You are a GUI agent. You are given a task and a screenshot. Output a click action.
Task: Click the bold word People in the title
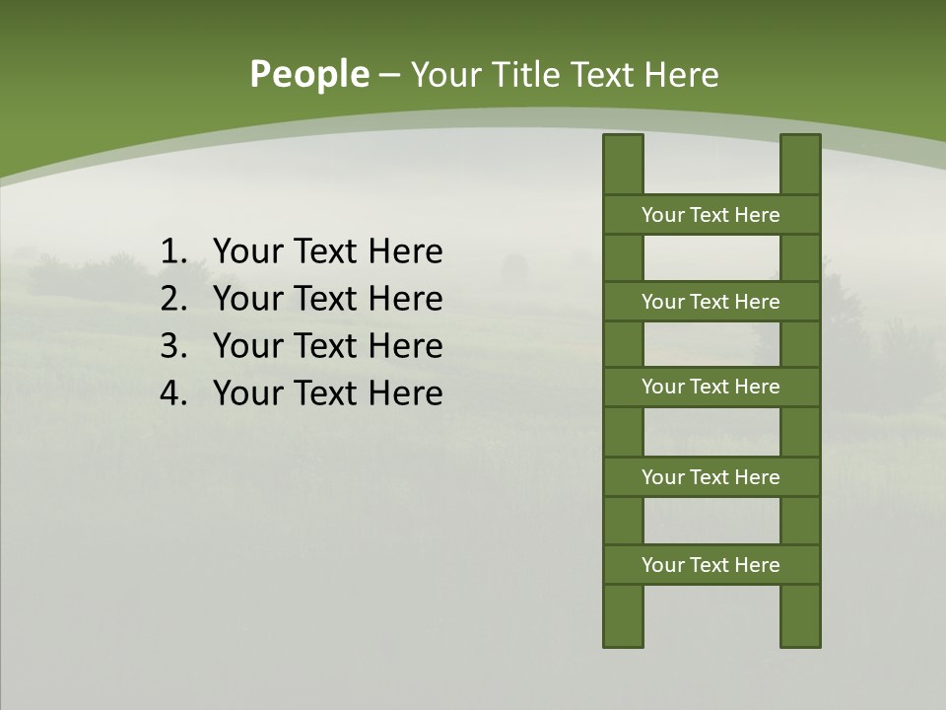pos(308,74)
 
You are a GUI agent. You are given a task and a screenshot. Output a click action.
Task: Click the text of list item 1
pos(327,252)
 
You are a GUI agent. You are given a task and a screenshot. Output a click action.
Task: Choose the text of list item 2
pos(327,299)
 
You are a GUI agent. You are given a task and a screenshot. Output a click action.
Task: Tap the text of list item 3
pos(327,346)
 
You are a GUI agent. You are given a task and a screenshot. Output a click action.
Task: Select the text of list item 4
pos(327,393)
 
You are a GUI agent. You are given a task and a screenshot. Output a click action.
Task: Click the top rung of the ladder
pos(710,215)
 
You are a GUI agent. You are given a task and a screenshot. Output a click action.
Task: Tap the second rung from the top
pos(710,302)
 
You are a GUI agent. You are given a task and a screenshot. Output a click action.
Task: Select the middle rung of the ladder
pos(710,387)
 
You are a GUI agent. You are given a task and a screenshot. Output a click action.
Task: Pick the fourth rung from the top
pos(710,477)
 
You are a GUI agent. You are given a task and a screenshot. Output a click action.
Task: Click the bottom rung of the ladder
pos(710,565)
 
